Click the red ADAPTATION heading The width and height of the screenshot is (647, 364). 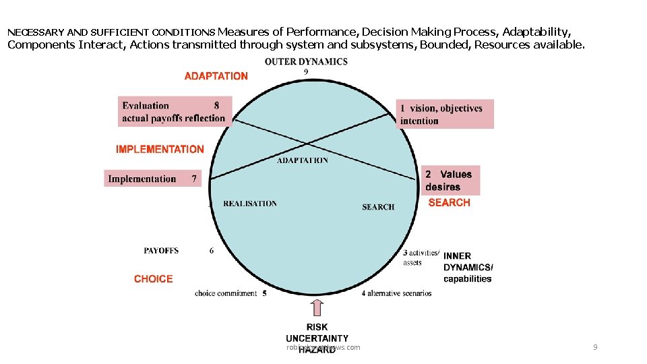(x=216, y=76)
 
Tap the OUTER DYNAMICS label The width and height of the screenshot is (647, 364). (x=306, y=61)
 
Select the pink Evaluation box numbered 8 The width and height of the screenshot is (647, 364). (x=175, y=112)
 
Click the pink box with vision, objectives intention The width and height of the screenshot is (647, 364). (x=445, y=114)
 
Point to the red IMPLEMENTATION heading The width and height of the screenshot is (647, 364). (x=160, y=149)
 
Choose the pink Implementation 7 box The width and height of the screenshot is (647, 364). (x=153, y=179)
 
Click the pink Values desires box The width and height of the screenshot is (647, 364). (x=450, y=180)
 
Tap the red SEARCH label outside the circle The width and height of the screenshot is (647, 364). (x=449, y=202)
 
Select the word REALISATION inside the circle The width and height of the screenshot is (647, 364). (x=250, y=204)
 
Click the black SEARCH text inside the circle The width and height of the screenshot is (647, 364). (x=378, y=207)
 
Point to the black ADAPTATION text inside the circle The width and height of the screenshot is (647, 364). (x=303, y=160)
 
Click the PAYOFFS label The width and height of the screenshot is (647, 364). (x=161, y=251)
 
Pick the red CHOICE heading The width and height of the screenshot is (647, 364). (x=153, y=279)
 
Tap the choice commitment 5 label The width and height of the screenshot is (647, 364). (x=230, y=293)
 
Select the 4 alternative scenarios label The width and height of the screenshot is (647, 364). (x=396, y=293)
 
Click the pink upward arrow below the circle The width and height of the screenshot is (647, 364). (x=317, y=308)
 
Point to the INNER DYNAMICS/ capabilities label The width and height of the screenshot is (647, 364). (x=468, y=267)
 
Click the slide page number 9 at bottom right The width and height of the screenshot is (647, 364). (x=595, y=347)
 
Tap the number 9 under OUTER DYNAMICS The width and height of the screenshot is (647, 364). (x=306, y=71)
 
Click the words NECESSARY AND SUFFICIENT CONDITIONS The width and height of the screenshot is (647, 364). (x=111, y=32)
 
